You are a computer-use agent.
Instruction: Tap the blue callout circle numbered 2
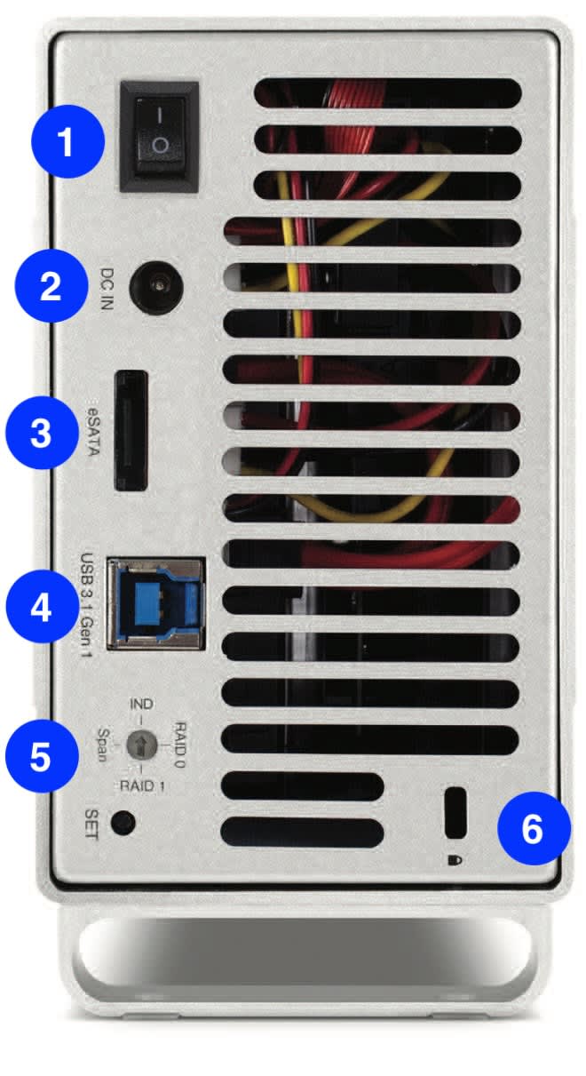point(53,286)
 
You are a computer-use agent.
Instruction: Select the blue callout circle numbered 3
point(41,434)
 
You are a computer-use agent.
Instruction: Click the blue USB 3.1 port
point(155,602)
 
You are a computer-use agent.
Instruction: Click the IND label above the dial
point(141,704)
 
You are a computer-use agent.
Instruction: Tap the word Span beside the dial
point(103,745)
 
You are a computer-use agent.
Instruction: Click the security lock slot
point(455,811)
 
